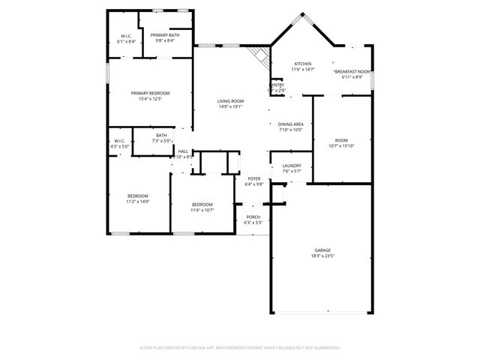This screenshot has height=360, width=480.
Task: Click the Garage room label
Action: (322, 250)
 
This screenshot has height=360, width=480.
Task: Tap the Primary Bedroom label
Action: (150, 93)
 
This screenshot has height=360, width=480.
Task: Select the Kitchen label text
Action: (302, 64)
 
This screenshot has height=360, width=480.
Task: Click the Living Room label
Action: (230, 100)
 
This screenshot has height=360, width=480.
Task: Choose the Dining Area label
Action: (290, 124)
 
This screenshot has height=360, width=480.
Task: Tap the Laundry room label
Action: (292, 166)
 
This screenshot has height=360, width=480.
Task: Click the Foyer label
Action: (254, 178)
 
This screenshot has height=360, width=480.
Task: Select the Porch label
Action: (253, 217)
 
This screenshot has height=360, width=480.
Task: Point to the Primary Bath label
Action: (164, 35)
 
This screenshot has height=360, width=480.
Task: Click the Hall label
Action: (183, 151)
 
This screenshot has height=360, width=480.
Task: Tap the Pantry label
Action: (277, 85)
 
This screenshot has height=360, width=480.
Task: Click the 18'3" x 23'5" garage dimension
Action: (322, 256)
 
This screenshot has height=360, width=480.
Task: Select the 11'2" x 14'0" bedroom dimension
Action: (138, 201)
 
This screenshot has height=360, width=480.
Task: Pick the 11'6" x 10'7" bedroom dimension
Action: (202, 210)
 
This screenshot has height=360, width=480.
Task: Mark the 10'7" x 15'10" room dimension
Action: (342, 145)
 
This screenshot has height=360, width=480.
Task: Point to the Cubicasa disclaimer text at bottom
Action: (240, 347)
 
